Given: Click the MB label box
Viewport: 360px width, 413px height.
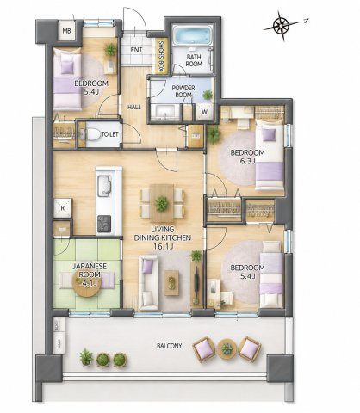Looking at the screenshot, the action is click(67, 30).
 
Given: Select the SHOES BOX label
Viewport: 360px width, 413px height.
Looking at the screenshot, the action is click(161, 56).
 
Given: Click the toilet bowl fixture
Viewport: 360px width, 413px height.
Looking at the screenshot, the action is click(92, 134).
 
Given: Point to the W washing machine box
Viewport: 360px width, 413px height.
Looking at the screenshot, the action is click(205, 112).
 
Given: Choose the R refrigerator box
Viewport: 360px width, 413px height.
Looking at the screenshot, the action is click(63, 208).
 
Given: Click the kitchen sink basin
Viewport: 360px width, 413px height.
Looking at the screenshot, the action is click(104, 184).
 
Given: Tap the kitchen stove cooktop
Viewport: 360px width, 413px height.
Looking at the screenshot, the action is click(104, 224).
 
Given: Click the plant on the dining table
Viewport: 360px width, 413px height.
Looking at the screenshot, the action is click(162, 204).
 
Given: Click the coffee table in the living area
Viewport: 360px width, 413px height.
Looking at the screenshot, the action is click(172, 283).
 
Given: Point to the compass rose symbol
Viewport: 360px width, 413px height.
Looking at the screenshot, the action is click(281, 26).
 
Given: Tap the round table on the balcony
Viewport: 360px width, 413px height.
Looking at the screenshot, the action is click(227, 348).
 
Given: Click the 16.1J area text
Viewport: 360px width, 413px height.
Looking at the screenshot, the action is click(162, 247).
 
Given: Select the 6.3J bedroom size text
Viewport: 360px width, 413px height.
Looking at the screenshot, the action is click(248, 161).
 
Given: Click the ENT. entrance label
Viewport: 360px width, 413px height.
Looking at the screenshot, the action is click(137, 50).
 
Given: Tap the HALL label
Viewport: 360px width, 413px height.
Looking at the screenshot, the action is click(134, 108).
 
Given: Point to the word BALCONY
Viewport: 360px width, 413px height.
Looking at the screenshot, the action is click(170, 346).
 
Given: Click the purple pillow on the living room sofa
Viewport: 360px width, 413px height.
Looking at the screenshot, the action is click(148, 267).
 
